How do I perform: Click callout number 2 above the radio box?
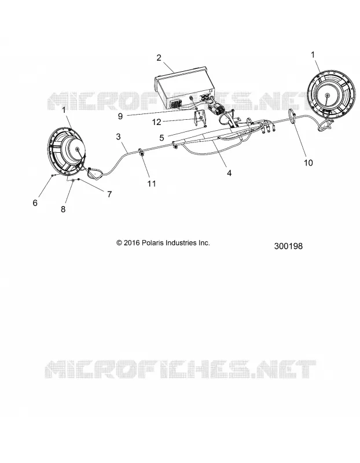(x=159, y=58)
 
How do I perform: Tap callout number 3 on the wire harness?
(x=119, y=137)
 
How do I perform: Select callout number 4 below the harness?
(x=229, y=173)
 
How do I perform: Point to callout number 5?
(x=161, y=138)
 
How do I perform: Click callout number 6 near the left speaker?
(x=35, y=203)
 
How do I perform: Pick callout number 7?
(x=109, y=194)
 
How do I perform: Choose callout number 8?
(x=63, y=210)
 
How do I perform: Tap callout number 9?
(x=120, y=116)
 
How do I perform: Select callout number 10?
(x=308, y=163)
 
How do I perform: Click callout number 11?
(x=152, y=183)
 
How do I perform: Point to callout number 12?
(x=156, y=122)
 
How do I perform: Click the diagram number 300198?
(x=288, y=246)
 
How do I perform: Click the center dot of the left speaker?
(x=78, y=150)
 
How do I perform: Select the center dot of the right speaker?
(x=327, y=95)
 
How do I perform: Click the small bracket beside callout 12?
(x=200, y=118)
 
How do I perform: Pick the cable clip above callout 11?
(x=141, y=153)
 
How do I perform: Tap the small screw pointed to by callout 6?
(x=53, y=175)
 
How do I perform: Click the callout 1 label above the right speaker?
(x=313, y=54)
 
